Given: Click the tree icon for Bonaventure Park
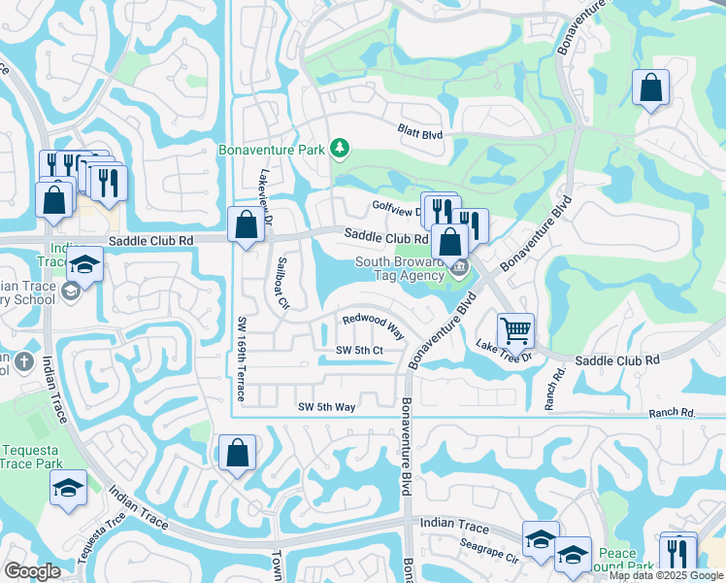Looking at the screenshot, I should pos(339,148).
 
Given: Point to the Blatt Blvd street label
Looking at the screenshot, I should pos(419,129).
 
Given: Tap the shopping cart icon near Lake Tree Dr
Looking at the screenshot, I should pos(515,330).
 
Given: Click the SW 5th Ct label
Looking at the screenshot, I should pos(360,350).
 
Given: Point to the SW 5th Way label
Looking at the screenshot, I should pos(326,407).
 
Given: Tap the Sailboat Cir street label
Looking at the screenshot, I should pos(283,282).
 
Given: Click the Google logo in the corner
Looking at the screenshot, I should pos(32,571).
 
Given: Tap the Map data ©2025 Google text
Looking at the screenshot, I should pos(666,575).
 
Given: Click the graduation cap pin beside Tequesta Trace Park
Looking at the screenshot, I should pos(68,489).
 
